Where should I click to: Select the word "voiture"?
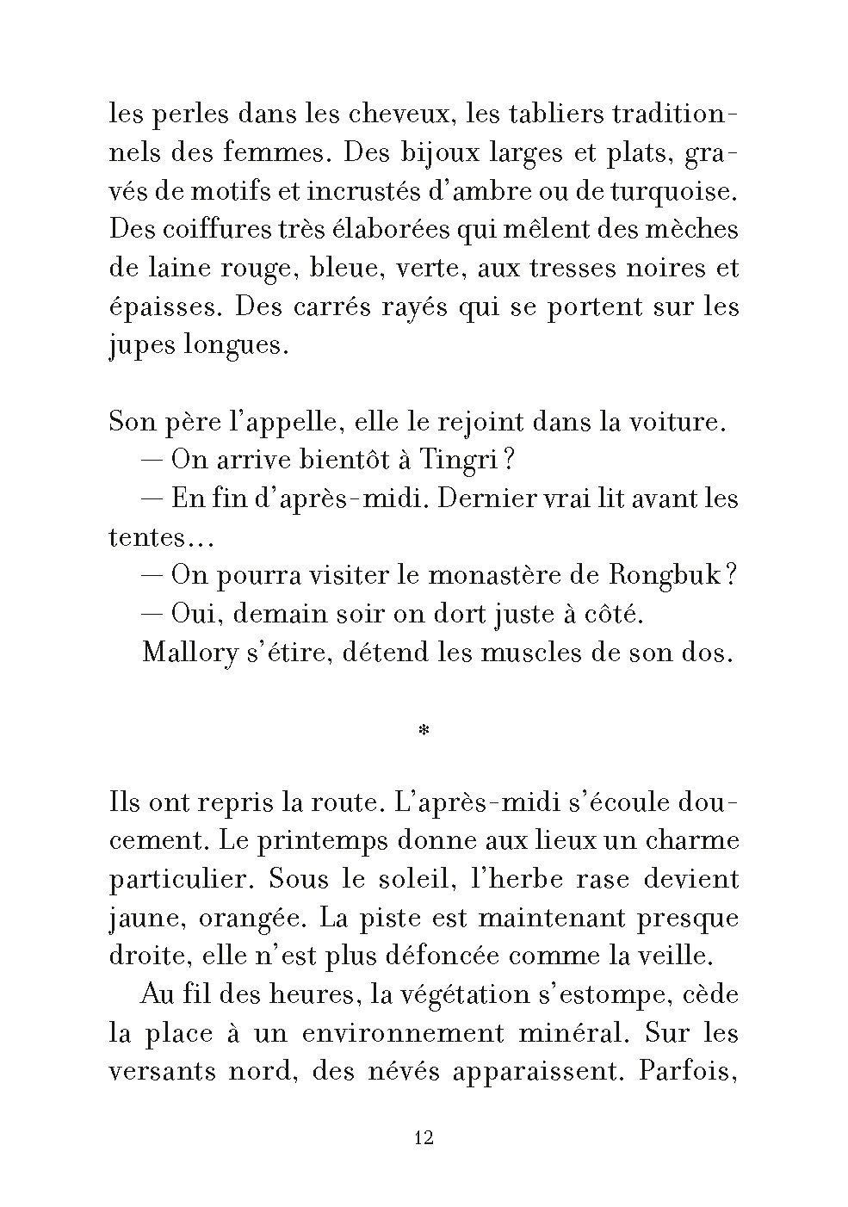[684, 423]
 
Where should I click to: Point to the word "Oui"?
[195, 615]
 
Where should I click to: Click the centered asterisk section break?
[424, 732]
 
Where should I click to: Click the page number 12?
[424, 1138]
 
